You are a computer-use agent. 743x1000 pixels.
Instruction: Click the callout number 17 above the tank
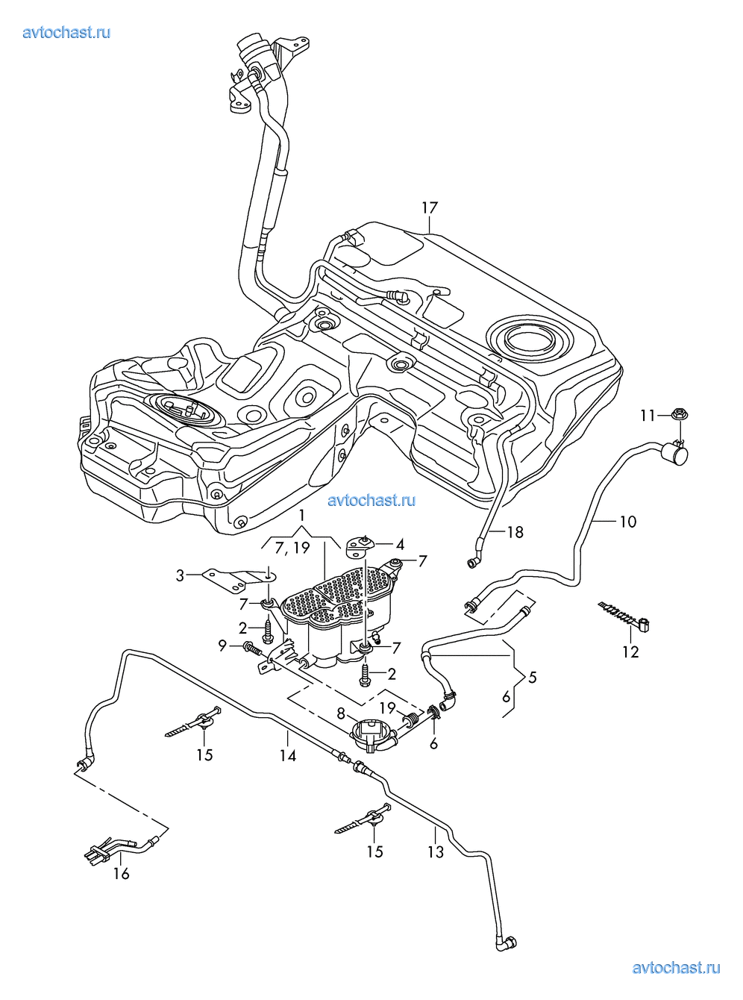429,208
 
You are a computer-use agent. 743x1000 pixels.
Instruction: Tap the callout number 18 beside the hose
515,532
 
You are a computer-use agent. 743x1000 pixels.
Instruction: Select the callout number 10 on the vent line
627,522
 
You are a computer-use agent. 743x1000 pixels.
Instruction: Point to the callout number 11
648,416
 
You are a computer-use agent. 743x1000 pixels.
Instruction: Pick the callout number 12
630,651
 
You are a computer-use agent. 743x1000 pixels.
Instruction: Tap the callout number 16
121,873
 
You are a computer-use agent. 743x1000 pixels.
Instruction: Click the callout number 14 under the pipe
288,756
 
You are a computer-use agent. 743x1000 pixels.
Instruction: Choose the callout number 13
435,851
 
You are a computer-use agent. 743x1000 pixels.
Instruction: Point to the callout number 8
340,713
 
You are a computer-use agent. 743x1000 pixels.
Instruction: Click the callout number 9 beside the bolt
222,646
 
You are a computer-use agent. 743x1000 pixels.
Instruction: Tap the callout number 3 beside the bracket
180,575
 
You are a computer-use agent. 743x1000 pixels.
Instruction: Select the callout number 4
400,545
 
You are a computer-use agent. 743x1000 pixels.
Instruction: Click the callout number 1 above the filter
301,516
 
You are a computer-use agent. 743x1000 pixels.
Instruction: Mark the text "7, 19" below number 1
292,549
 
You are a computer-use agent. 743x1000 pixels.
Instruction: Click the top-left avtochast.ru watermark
66,32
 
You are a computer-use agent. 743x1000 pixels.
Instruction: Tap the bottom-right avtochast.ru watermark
676,968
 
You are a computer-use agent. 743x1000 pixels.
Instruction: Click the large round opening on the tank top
530,340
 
